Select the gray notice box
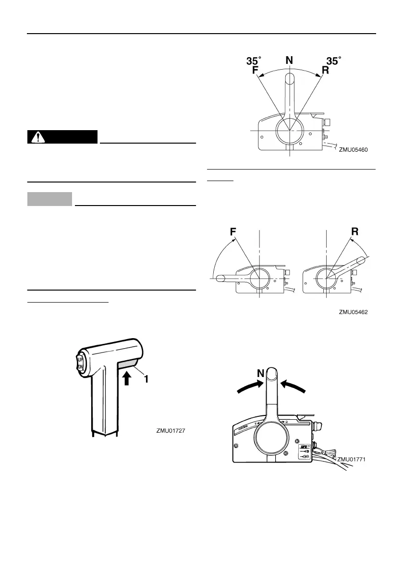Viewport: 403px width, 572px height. click(50, 199)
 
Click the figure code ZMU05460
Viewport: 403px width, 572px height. click(353, 150)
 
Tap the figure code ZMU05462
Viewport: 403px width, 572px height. click(353, 312)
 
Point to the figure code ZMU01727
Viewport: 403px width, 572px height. click(171, 431)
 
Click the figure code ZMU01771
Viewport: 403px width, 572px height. click(352, 459)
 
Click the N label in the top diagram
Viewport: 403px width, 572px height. click(289, 61)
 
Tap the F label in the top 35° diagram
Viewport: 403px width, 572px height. click(256, 71)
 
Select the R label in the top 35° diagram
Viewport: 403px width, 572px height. click(325, 71)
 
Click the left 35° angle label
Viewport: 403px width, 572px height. click(254, 61)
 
